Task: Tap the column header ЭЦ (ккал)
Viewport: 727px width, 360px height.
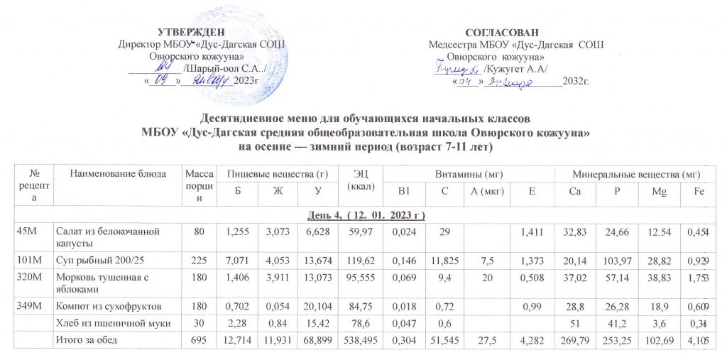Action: [x=356, y=180]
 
